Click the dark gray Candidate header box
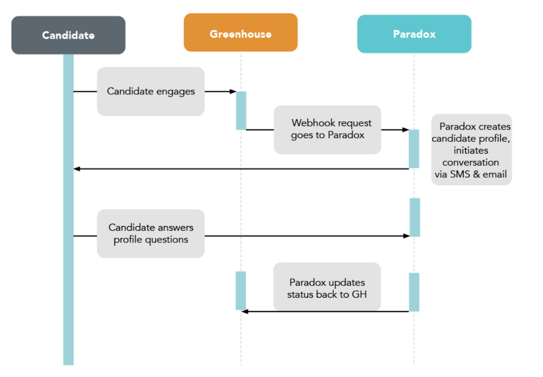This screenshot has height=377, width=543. coord(68,35)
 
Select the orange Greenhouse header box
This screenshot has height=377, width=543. coord(241,33)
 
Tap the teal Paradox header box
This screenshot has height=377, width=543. coord(414,34)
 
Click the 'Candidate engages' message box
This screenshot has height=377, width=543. coord(151,92)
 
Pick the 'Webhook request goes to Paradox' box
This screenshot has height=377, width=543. coord(327,130)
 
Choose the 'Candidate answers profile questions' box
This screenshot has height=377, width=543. coord(151,234)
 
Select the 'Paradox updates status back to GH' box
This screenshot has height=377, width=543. coord(327,287)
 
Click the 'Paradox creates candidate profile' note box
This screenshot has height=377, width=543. coord(471,150)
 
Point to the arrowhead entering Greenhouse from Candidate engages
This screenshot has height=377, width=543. coord(233,92)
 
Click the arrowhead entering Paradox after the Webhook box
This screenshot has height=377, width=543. coord(406,130)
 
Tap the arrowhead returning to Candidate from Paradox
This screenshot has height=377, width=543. coord(77,169)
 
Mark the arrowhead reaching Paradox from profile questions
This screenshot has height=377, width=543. coord(407,236)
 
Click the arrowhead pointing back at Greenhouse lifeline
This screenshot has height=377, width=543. coord(245,311)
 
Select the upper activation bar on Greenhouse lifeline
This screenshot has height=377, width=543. coord(241,111)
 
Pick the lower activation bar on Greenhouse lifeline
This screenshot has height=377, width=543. coord(241,291)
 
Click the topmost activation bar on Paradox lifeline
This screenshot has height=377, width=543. coord(414,149)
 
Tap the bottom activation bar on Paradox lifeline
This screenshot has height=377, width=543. coord(414,292)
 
